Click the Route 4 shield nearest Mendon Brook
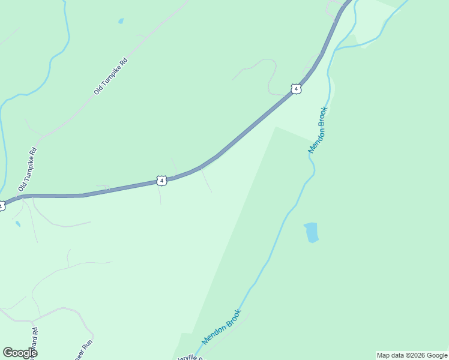(295, 89)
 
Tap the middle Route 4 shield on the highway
(161, 180)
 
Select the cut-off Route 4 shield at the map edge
(2, 206)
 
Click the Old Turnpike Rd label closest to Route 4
(28, 169)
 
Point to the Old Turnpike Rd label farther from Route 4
(111, 76)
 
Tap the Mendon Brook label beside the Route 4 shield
(318, 130)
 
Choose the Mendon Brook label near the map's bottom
(222, 327)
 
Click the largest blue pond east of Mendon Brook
(311, 232)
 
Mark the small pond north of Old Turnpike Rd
(121, 21)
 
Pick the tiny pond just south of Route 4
(17, 224)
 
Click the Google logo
(20, 353)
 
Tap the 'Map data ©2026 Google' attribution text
(412, 355)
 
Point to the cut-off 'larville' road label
(189, 358)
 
